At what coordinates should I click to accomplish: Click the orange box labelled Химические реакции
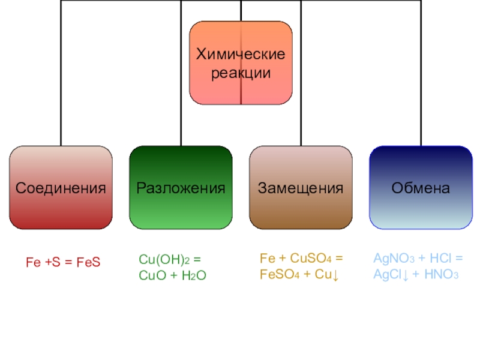[x=241, y=63]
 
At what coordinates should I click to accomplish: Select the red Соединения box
[x=61, y=187]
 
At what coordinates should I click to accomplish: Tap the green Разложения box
[x=181, y=187]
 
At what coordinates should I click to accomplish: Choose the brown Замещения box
[x=301, y=187]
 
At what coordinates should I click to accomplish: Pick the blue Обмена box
[x=421, y=187]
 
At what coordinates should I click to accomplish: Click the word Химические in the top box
[x=241, y=55]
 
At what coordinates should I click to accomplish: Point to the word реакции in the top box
[x=241, y=73]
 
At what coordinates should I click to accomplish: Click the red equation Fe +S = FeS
[x=62, y=262]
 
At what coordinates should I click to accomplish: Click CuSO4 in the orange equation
[x=310, y=259]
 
